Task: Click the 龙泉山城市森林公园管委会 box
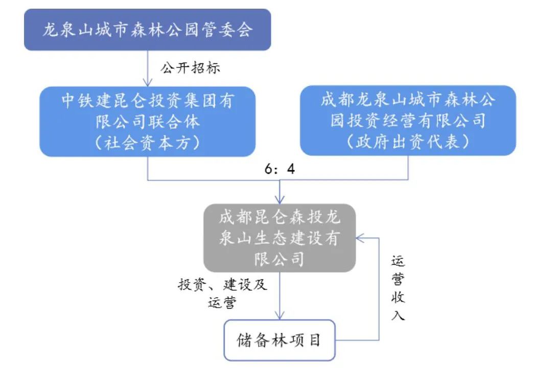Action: pyautogui.click(x=147, y=30)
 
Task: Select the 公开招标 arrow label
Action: pyautogui.click(x=191, y=68)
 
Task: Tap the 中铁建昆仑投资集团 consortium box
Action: pyautogui.click(x=147, y=122)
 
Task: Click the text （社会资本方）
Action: pyautogui.click(x=147, y=143)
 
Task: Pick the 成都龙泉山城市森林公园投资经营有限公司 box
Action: pyautogui.click(x=408, y=121)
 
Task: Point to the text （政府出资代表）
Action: pyautogui.click(x=408, y=142)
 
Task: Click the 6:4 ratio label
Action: pyautogui.click(x=280, y=169)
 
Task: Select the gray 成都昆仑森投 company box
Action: pyautogui.click(x=280, y=238)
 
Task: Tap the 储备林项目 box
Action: pyautogui.click(x=280, y=340)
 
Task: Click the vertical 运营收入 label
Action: pyautogui.click(x=398, y=288)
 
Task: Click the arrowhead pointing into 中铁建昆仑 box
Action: pyautogui.click(x=147, y=83)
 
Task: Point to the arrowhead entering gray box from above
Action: pyautogui.click(x=280, y=200)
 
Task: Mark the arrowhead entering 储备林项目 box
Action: pyautogui.click(x=280, y=316)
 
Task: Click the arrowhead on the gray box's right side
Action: pyautogui.click(x=360, y=238)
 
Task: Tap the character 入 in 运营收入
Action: pyautogui.click(x=398, y=315)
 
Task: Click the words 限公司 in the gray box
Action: pyautogui.click(x=280, y=259)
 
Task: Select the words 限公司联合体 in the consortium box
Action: pyautogui.click(x=147, y=122)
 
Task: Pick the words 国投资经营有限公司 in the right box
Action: pyautogui.click(x=408, y=121)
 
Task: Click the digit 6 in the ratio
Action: pyautogui.click(x=269, y=169)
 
